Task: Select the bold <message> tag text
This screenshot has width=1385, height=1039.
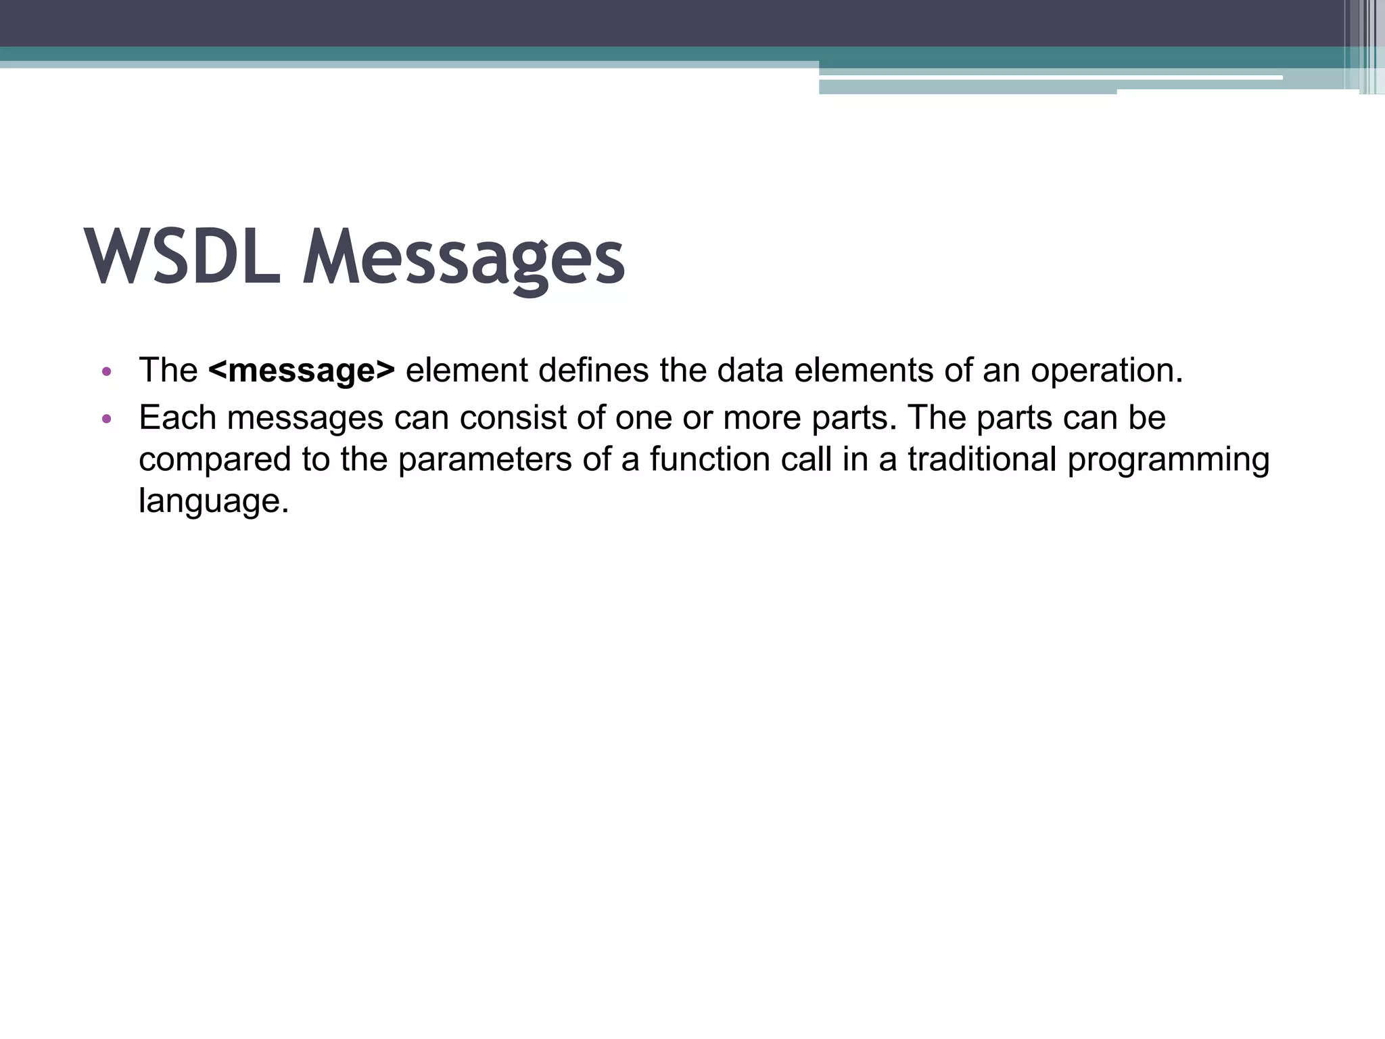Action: pyautogui.click(x=302, y=371)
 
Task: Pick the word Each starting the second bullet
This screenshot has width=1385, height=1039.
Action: pyautogui.click(x=177, y=417)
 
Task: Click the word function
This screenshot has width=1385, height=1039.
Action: pyautogui.click(x=709, y=459)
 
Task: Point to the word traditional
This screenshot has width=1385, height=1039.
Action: pyautogui.click(x=981, y=459)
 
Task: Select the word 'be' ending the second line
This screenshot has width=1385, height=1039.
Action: pyautogui.click(x=1147, y=417)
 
